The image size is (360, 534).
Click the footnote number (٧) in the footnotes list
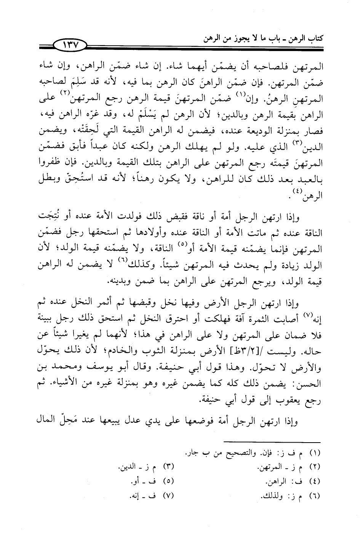[168, 496]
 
